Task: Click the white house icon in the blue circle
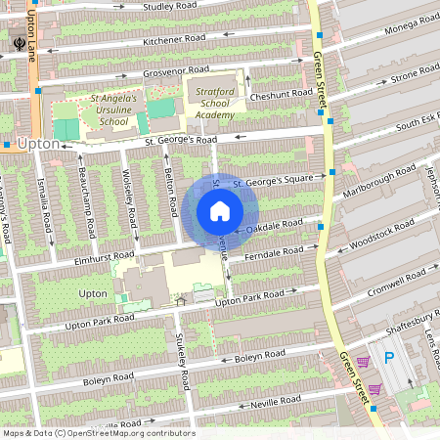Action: click(220, 211)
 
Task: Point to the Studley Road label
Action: click(171, 6)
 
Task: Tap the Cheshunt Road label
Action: click(281, 95)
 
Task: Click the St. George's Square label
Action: click(272, 181)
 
